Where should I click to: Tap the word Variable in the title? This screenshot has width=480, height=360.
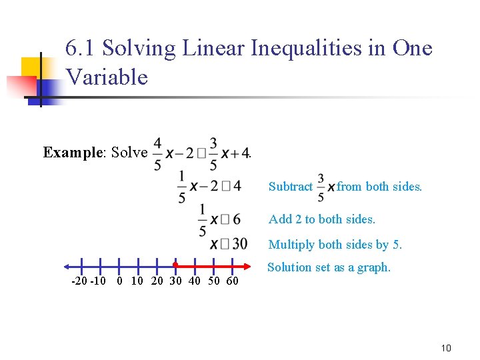[x=107, y=77]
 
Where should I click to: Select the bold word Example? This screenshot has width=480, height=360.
[x=71, y=152]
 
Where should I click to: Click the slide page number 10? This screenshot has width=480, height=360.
[x=447, y=348]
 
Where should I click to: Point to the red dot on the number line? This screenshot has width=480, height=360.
[x=175, y=265]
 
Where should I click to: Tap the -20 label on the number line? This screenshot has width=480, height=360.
[x=79, y=281]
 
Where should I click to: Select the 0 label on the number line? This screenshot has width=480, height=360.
[x=119, y=281]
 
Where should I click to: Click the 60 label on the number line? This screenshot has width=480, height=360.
[x=232, y=281]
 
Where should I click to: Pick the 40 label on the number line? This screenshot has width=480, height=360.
[x=195, y=281]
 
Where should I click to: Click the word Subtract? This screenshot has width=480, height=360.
[x=291, y=187]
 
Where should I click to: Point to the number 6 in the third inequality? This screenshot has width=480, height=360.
[x=237, y=219]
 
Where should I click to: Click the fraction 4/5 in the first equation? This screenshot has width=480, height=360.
[x=157, y=153]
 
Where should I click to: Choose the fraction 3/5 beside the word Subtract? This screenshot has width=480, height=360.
[x=321, y=187]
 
